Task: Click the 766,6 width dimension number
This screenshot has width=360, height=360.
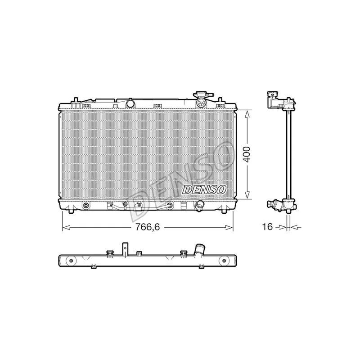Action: [x=148, y=227]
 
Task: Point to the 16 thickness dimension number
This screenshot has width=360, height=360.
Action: [x=268, y=227]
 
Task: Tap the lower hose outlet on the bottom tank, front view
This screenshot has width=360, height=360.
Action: [x=199, y=206]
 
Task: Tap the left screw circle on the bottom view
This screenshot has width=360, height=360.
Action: [x=70, y=261]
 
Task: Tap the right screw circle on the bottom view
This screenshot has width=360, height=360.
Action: [x=223, y=261]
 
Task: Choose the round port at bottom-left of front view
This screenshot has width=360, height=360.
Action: [x=86, y=206]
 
